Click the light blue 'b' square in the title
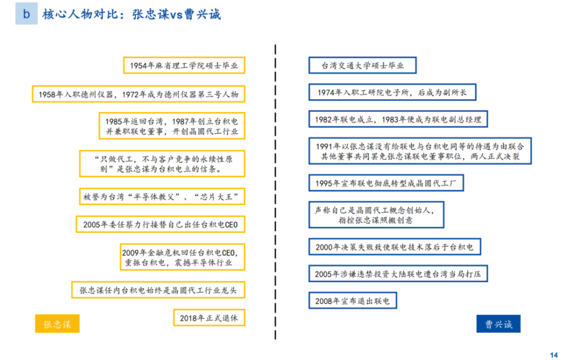(27, 14)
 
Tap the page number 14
(553, 355)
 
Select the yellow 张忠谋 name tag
(57, 324)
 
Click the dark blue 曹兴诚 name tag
(498, 324)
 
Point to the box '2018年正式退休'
(209, 317)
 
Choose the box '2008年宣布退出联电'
(353, 300)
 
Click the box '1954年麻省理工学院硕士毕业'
(184, 65)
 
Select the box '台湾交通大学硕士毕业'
(362, 65)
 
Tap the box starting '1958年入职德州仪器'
(138, 94)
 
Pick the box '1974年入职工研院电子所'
(392, 92)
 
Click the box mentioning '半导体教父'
(162, 196)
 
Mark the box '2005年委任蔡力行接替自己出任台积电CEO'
(160, 224)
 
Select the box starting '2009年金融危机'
(183, 257)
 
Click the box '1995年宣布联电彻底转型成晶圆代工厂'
(386, 183)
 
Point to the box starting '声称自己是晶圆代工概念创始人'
(376, 215)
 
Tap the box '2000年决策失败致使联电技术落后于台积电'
(395, 247)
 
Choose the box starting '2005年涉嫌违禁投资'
(398, 274)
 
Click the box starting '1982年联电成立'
(398, 119)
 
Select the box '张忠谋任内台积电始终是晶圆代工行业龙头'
(158, 290)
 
